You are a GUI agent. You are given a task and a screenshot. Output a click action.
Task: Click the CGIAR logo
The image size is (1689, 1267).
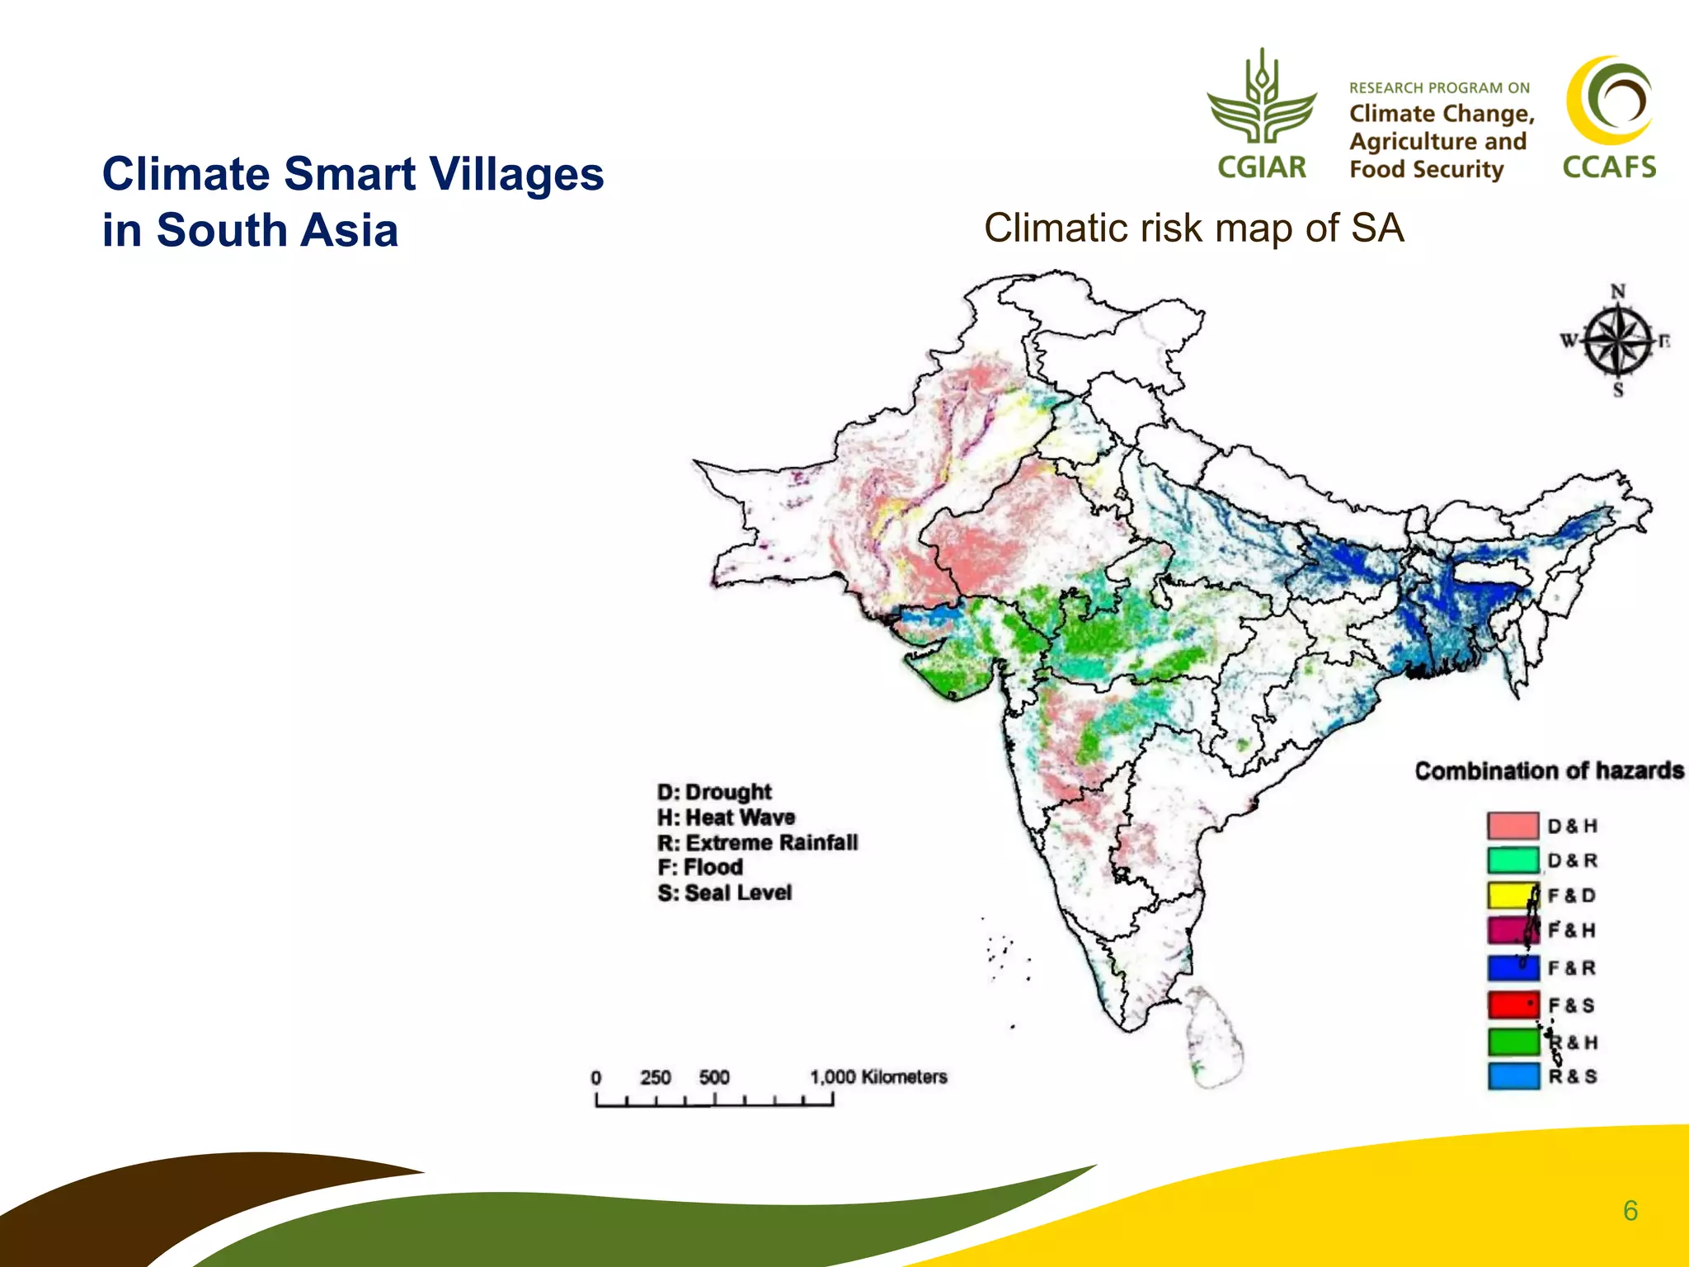tap(1261, 115)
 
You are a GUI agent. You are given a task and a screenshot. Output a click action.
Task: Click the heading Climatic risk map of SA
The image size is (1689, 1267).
tap(1193, 228)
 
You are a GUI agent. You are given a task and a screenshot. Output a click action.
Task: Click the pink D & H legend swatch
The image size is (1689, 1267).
tap(1513, 826)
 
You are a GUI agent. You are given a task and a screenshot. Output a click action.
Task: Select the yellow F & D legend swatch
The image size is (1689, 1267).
tap(1513, 896)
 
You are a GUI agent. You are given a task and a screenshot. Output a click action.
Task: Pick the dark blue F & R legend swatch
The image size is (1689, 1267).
tap(1513, 968)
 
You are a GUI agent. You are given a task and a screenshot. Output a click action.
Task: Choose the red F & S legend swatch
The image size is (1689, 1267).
tap(1513, 1005)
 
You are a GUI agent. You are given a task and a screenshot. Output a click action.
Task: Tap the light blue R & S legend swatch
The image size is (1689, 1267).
tap(1513, 1076)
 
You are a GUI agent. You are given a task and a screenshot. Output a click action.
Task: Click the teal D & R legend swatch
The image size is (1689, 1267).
tap(1513, 860)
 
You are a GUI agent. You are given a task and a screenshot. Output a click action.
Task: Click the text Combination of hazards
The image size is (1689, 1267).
tap(1549, 771)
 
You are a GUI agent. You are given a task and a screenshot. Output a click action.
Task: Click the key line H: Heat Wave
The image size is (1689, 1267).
tap(727, 817)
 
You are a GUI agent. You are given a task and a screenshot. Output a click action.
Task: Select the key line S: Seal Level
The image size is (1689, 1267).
tap(725, 893)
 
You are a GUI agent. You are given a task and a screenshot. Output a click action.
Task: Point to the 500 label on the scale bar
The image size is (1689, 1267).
tap(714, 1077)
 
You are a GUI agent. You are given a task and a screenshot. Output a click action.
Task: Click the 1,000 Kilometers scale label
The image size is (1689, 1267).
tap(878, 1077)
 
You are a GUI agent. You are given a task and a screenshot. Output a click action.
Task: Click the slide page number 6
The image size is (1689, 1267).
tap(1630, 1211)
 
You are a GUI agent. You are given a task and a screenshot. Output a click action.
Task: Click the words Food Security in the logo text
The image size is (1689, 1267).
tap(1426, 170)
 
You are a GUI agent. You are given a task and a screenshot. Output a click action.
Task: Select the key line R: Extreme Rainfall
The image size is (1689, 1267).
tap(758, 843)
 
